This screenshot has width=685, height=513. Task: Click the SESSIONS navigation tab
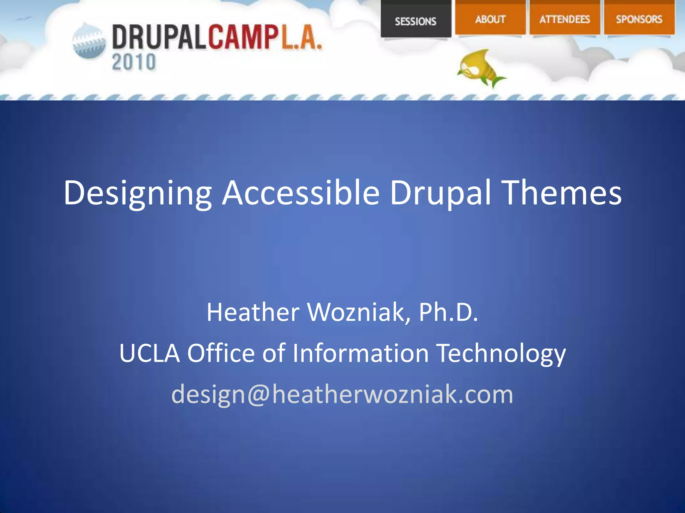tap(416, 21)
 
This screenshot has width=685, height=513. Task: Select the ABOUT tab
tap(490, 19)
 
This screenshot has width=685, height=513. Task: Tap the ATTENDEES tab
tap(565, 19)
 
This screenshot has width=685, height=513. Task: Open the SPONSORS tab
tap(639, 19)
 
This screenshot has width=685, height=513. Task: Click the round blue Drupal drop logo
tap(89, 41)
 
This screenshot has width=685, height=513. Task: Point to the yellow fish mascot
tap(480, 68)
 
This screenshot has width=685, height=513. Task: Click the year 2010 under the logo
tap(134, 62)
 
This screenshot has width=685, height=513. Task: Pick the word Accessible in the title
tap(301, 193)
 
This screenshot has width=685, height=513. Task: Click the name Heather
tap(253, 312)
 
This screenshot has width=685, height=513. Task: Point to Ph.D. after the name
tap(448, 312)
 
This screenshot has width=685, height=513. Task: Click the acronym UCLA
tap(149, 353)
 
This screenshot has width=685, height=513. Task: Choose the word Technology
tap(501, 353)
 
